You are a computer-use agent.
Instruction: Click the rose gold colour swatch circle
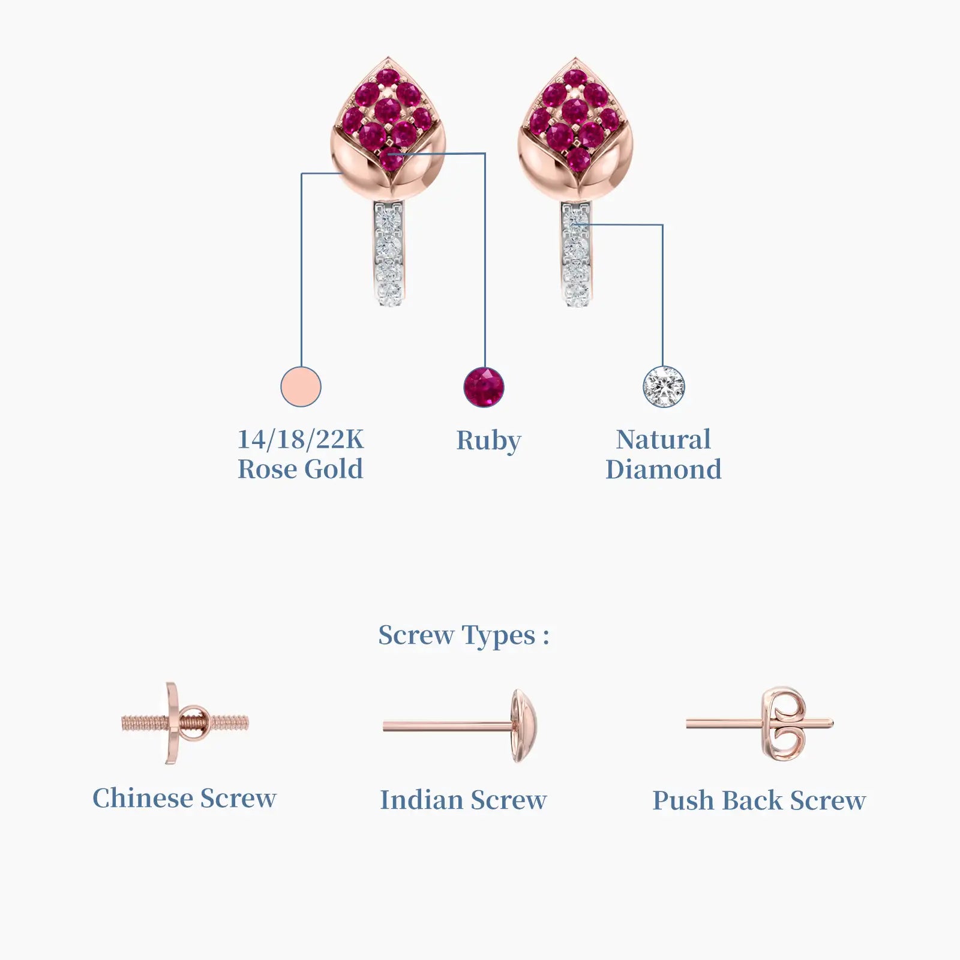pos(301,387)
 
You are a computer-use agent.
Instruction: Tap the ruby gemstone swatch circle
pos(484,387)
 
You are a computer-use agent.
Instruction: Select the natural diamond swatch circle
pos(664,387)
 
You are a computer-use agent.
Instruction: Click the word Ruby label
pos(488,441)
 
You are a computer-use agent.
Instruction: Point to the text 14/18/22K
pos(301,439)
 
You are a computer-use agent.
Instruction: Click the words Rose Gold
pos(301,469)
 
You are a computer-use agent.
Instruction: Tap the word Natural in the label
pos(664,439)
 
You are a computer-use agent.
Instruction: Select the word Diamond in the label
pos(664,469)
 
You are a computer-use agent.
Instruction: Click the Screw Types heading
pos(464,636)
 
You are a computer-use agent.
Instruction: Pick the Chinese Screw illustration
pos(185,722)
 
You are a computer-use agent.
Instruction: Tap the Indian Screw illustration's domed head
pos(524,726)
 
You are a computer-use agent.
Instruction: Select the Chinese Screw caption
pos(184,798)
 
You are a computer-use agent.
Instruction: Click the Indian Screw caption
pos(463,800)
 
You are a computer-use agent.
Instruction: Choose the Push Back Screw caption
pos(759,801)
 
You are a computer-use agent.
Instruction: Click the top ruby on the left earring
pos(388,77)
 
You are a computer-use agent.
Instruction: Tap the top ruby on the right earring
pos(575,78)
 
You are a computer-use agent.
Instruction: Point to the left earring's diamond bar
pos(389,254)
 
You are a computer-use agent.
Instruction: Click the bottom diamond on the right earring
pos(576,293)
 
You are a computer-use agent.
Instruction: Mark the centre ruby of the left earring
pos(388,110)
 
